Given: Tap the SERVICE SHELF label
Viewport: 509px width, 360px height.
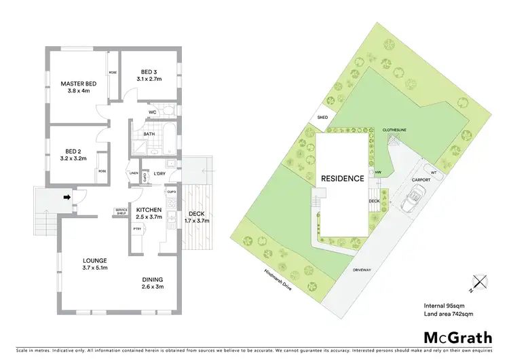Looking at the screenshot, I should coord(122,212).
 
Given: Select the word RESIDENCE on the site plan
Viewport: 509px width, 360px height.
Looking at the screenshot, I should coord(343,179).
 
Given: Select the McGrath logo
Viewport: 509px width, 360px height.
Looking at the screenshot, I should coord(457,337).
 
